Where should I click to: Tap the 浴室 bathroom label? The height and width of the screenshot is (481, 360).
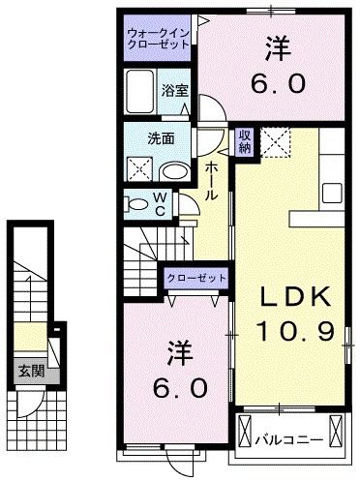[x=176, y=91]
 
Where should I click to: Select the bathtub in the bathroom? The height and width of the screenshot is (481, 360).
[x=141, y=92]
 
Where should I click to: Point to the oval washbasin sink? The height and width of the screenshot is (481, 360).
[x=175, y=171]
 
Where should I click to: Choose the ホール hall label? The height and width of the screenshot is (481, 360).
[x=212, y=181]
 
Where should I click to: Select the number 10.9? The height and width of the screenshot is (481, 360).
[x=295, y=332]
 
